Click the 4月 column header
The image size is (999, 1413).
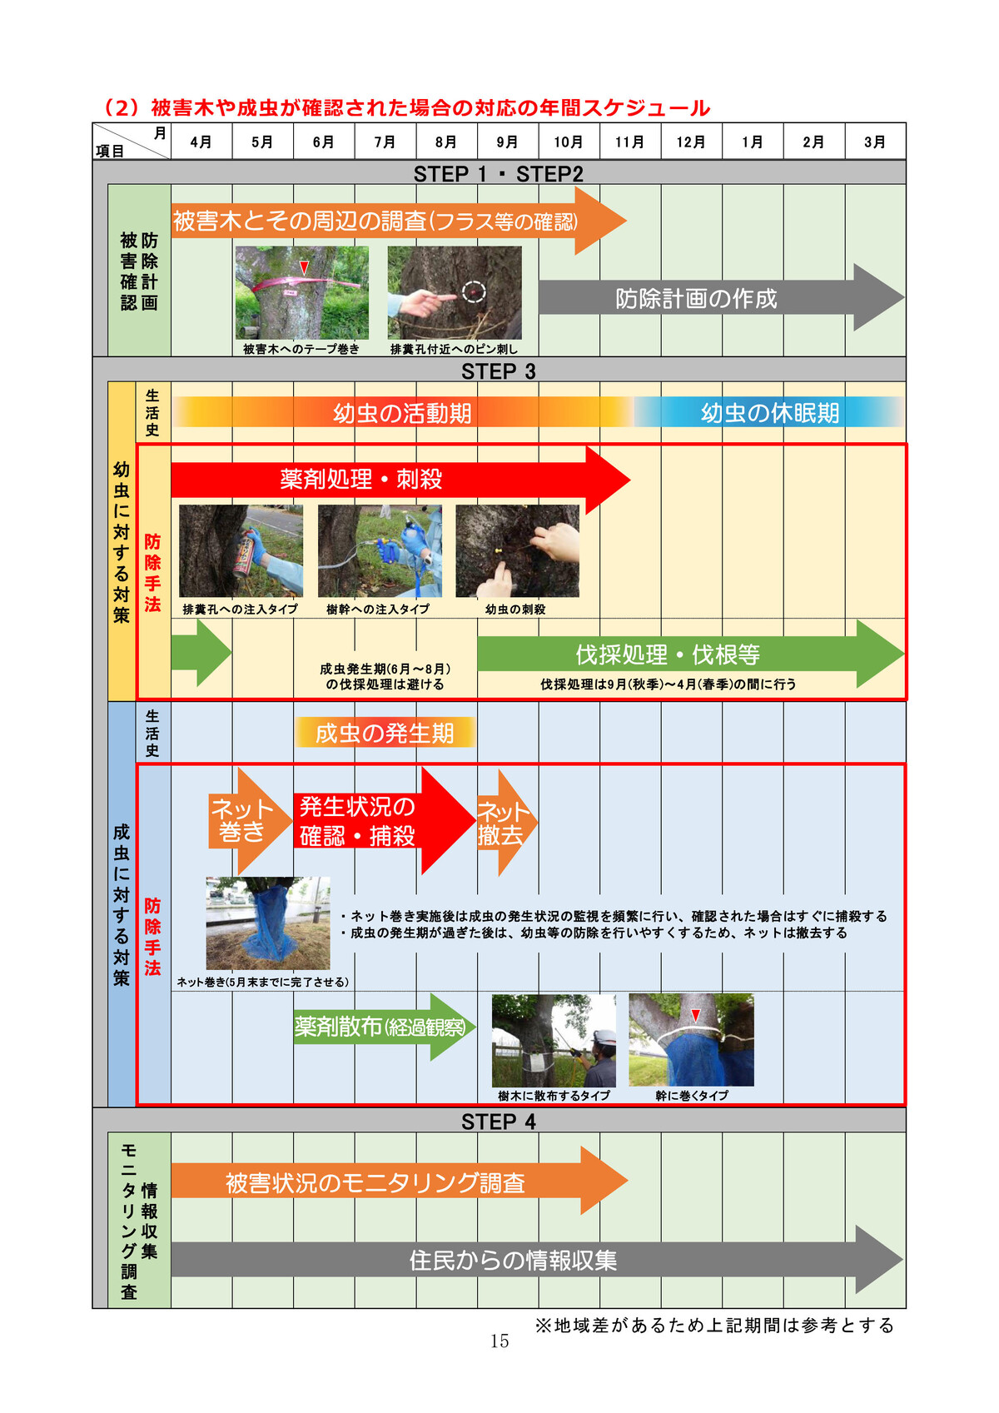201,142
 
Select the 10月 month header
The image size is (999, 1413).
569,142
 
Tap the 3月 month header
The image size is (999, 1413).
875,142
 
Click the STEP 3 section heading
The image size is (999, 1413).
499,371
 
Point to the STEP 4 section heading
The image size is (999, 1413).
499,1122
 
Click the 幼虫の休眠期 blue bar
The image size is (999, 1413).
769,413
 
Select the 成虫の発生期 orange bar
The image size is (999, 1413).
385,733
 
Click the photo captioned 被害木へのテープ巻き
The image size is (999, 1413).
301,292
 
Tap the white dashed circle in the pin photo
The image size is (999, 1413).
474,292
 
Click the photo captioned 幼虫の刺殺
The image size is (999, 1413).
517,551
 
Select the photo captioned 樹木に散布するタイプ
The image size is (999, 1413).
554,1040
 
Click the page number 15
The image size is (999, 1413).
499,1341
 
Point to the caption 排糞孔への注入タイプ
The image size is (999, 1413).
240,609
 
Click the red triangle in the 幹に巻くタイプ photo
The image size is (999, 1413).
696,1016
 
